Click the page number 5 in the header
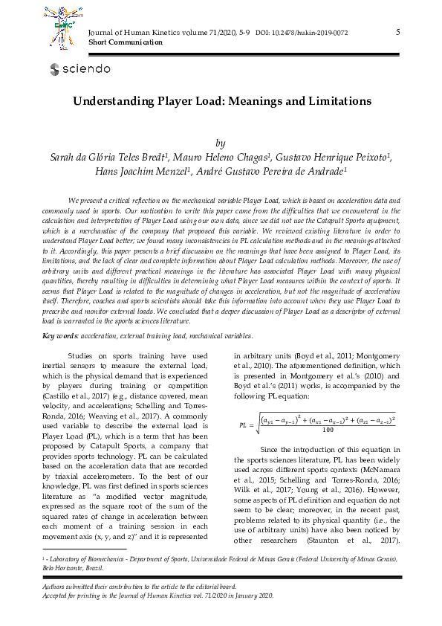click(x=398, y=32)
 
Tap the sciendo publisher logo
click(x=79, y=69)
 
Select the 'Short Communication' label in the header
click(x=125, y=43)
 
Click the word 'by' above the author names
click(x=220, y=143)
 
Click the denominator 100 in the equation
click(x=327, y=430)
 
